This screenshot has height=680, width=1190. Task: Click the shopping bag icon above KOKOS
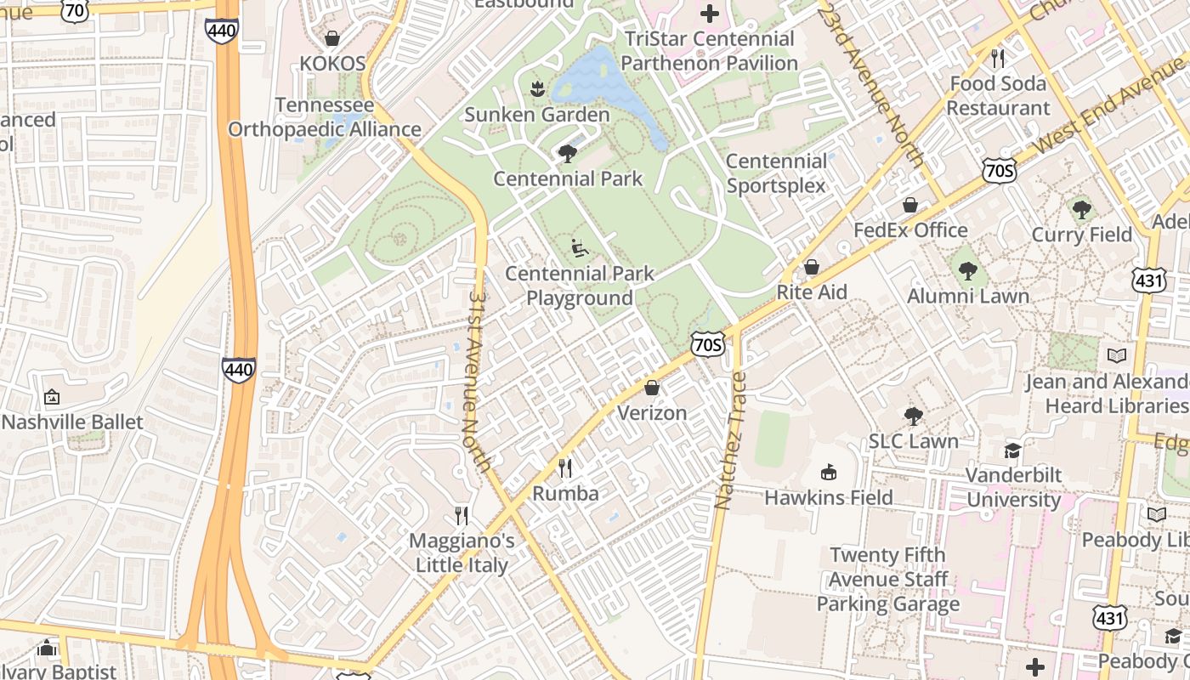click(332, 38)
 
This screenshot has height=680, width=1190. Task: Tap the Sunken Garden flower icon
click(536, 88)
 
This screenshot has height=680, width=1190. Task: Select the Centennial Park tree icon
click(568, 154)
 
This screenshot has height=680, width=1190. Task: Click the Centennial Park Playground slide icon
click(580, 248)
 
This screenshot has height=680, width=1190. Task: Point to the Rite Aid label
click(811, 292)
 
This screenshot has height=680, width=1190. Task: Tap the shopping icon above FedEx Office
click(910, 205)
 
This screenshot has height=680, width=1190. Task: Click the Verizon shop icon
click(652, 388)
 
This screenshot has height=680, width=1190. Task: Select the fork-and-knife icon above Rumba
click(565, 467)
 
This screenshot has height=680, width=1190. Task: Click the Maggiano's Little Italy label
click(462, 552)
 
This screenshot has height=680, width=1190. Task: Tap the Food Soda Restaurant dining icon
click(998, 59)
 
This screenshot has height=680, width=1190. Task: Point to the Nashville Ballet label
click(72, 422)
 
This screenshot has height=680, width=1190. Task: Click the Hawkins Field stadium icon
click(829, 472)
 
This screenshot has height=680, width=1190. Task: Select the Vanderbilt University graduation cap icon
click(1012, 450)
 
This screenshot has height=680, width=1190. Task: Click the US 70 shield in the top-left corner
click(76, 11)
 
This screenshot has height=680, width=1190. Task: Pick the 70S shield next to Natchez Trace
click(707, 344)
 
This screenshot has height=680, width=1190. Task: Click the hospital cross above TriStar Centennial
click(710, 13)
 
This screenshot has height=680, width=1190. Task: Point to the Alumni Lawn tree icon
click(967, 271)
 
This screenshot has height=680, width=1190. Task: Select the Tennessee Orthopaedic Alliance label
click(325, 117)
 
